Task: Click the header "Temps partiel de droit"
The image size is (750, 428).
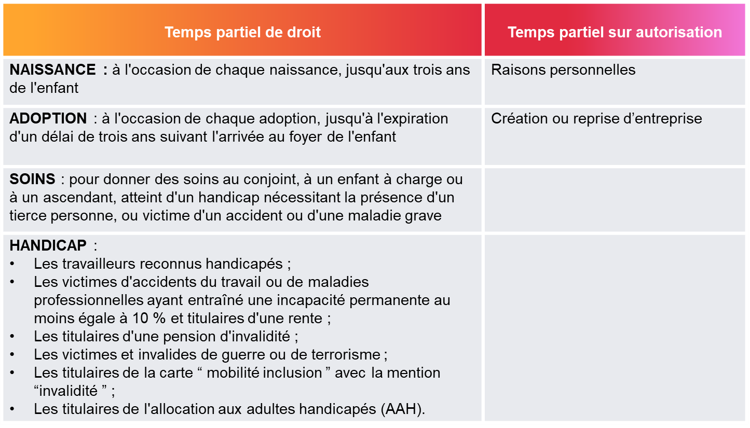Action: coord(242,32)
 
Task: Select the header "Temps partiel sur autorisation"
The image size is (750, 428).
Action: coord(615,32)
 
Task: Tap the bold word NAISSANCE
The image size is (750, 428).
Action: coord(52,70)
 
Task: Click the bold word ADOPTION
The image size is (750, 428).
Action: coord(48,118)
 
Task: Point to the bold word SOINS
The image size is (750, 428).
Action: coord(32,180)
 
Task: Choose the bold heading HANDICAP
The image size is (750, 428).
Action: coord(48,245)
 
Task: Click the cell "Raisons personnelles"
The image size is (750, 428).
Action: coord(563,70)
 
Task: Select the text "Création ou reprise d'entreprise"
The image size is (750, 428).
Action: coord(596,118)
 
